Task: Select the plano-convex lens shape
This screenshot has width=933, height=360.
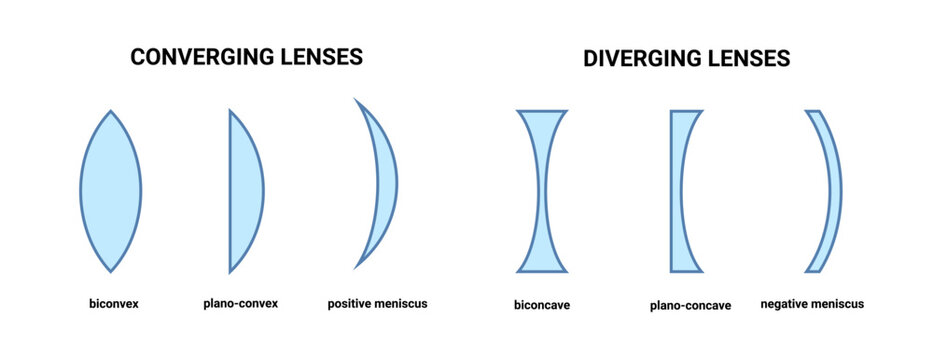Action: pyautogui.click(x=245, y=190)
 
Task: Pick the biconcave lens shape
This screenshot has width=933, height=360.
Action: pyautogui.click(x=543, y=190)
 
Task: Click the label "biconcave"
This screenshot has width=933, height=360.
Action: pyautogui.click(x=542, y=305)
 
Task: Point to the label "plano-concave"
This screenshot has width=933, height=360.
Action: pyautogui.click(x=692, y=305)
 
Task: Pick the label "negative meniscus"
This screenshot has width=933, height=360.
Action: pyautogui.click(x=812, y=304)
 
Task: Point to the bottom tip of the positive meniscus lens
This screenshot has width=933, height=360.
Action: pyautogui.click(x=355, y=268)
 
